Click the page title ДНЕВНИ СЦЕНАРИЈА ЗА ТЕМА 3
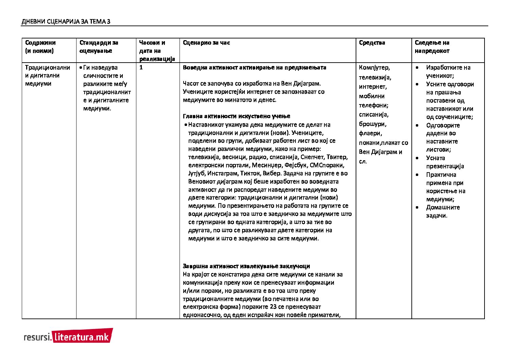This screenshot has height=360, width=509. coord(66,22)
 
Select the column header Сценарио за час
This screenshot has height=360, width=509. coord(206,43)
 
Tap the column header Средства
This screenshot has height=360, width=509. coord(372,43)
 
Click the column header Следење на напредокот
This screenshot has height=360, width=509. coord(432,47)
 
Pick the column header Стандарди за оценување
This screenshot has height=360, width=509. coord(99,47)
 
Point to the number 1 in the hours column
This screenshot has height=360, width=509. coord(141,67)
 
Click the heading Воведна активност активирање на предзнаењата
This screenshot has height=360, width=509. coord(254,67)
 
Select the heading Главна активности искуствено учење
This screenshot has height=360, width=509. coord(236,116)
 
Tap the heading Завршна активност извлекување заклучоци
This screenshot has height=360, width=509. coord(246,266)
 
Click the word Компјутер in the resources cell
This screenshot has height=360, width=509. coord(374,68)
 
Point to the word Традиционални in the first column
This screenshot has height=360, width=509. coord(48,67)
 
